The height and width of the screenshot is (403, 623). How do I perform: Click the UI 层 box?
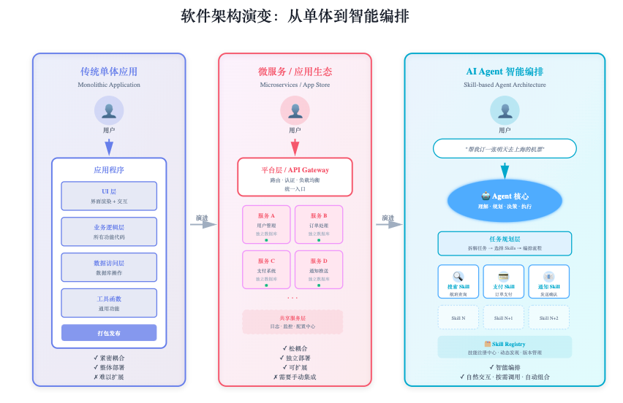tap(109, 196)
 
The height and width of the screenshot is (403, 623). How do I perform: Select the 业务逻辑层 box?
tap(109, 231)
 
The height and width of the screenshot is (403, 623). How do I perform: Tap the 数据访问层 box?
tap(109, 267)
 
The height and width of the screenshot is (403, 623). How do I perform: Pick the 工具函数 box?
tap(109, 303)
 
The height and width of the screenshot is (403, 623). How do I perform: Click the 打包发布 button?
tap(109, 333)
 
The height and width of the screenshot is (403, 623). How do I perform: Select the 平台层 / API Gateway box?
tap(295, 177)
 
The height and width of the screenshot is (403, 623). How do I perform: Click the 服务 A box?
tap(266, 224)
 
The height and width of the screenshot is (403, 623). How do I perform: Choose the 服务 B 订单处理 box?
tap(319, 224)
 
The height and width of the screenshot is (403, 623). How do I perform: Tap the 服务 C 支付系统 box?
tap(266, 269)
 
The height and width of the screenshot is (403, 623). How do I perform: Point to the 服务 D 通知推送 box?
tap(319, 269)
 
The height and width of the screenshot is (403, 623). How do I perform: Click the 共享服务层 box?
tap(292, 322)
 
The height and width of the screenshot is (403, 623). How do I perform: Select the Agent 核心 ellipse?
tap(505, 201)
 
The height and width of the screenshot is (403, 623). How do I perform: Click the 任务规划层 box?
tap(505, 243)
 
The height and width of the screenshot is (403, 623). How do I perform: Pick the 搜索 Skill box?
tap(458, 282)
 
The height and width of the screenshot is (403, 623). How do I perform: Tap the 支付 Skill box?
tap(504, 282)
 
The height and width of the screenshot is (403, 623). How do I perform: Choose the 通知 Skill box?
tap(549, 282)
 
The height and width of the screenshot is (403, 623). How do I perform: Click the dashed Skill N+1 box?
tap(504, 318)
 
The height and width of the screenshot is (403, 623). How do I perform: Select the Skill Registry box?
tap(505, 348)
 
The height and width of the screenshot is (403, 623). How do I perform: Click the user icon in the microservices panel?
tap(295, 111)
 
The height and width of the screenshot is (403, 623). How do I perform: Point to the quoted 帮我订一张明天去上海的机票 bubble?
tap(505, 149)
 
